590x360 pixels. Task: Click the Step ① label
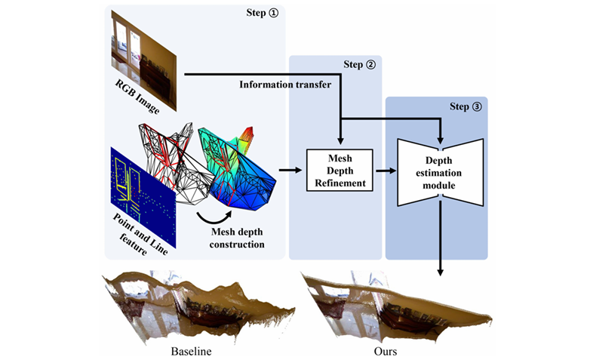point(261,13)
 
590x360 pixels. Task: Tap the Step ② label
point(360,65)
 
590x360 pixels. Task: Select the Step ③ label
point(466,106)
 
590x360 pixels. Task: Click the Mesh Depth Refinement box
point(340,171)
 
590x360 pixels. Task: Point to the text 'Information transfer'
point(285,85)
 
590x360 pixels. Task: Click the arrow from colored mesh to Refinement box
point(287,171)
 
